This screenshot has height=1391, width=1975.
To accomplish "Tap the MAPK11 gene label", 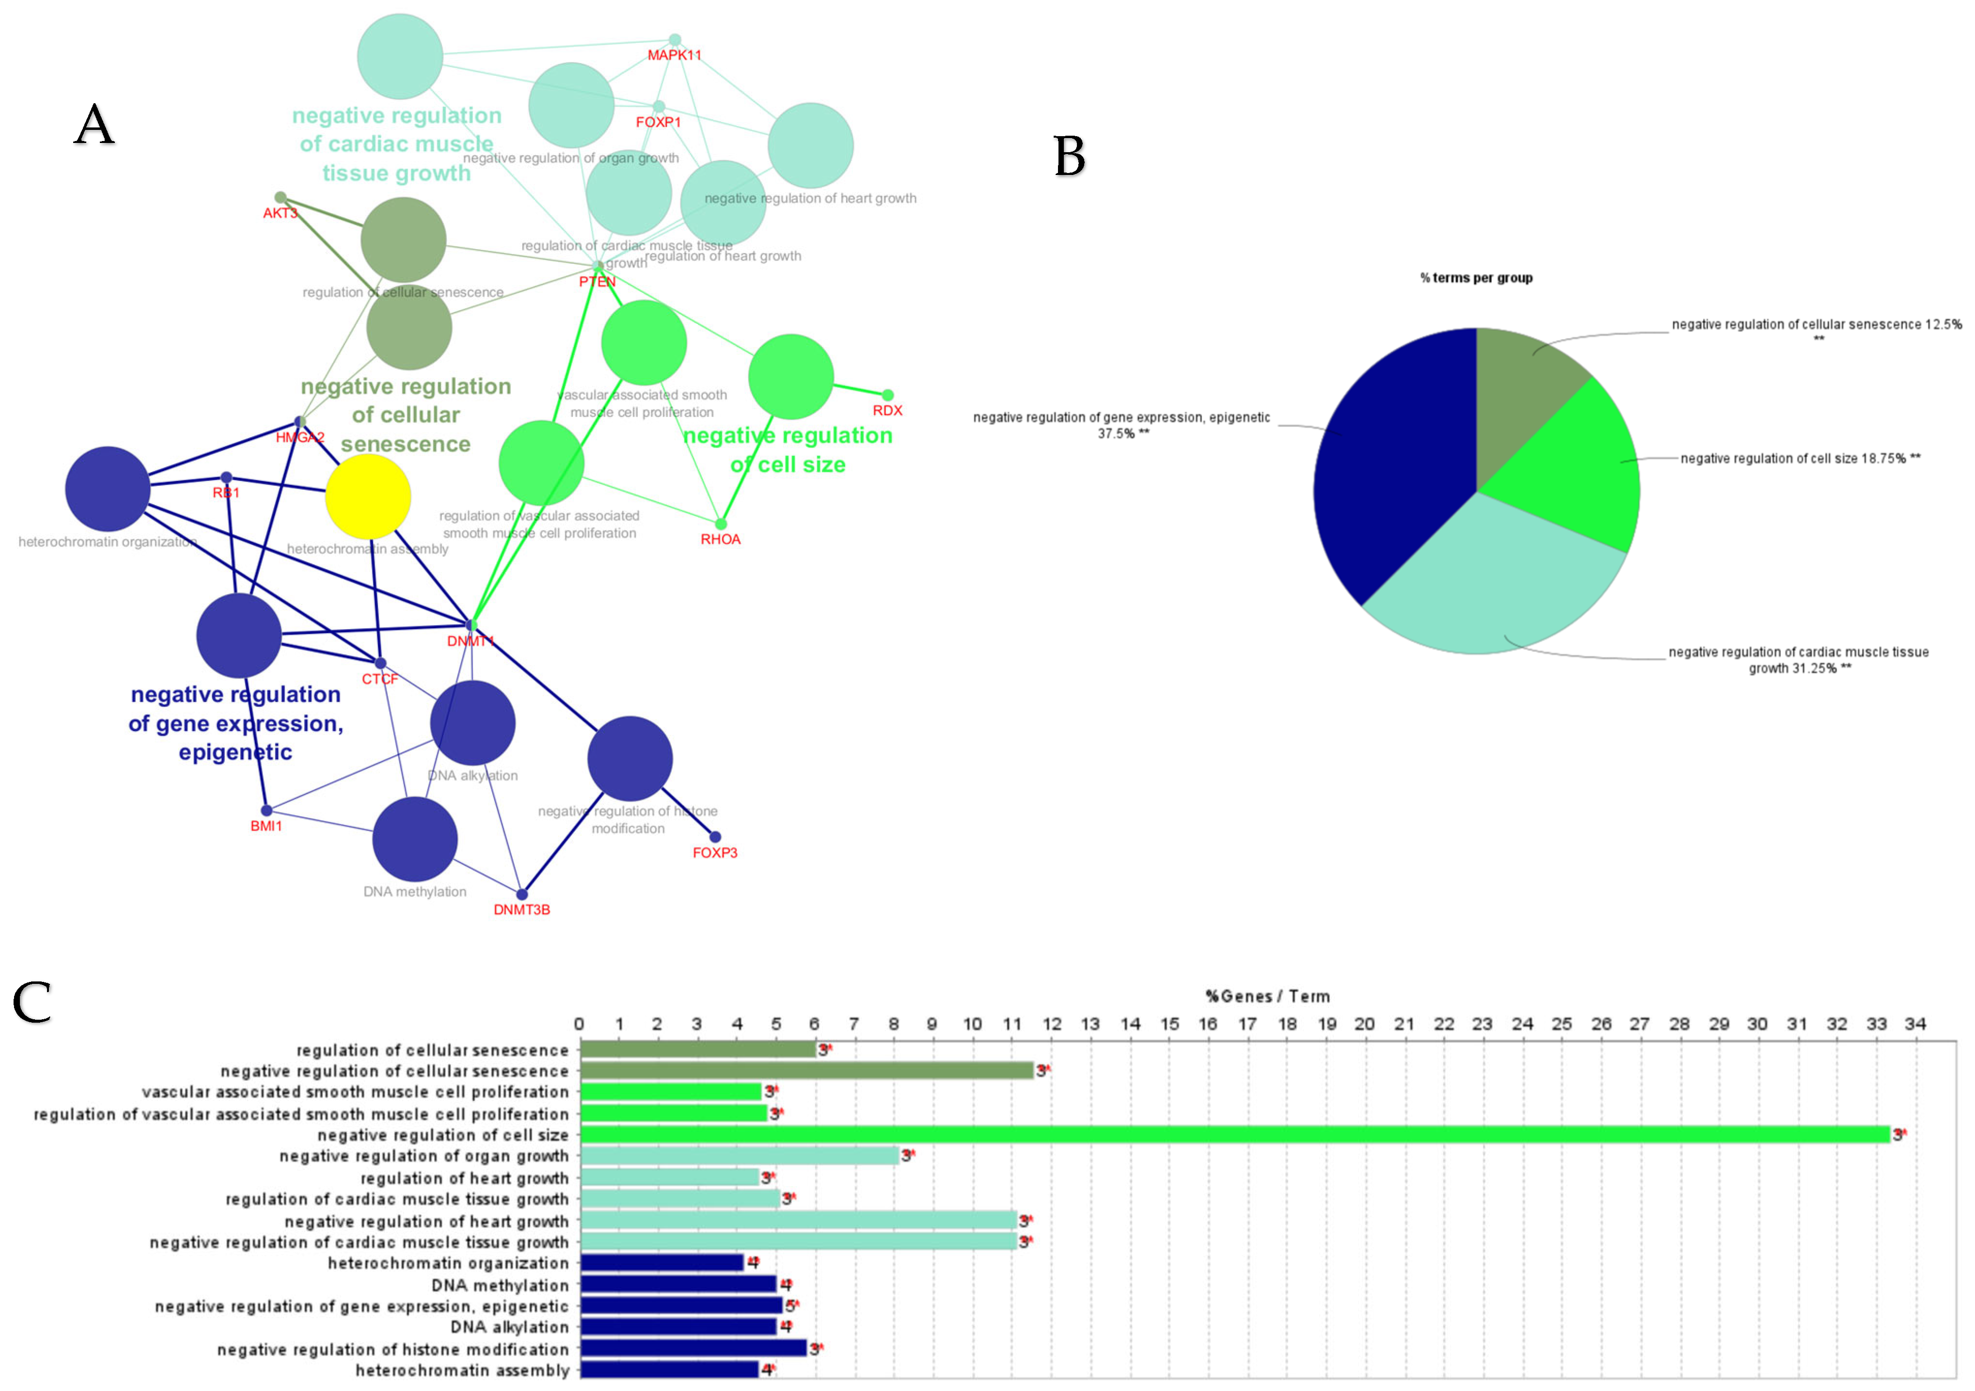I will [x=674, y=55].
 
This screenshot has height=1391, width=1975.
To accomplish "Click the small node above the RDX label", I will [x=888, y=395].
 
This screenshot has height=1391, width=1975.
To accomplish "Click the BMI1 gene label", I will [x=266, y=826].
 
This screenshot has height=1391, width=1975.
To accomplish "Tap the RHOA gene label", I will [x=720, y=539].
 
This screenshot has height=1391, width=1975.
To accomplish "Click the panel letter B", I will [x=1069, y=157].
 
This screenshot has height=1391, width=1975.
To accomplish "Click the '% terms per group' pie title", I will [x=1476, y=278].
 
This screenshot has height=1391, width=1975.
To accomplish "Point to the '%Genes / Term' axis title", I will [x=1267, y=996].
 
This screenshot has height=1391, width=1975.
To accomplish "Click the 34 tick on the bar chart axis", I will [x=1915, y=1024].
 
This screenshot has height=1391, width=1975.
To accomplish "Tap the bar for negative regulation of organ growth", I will [x=740, y=1156].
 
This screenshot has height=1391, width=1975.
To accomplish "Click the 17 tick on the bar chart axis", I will [x=1247, y=1024].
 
